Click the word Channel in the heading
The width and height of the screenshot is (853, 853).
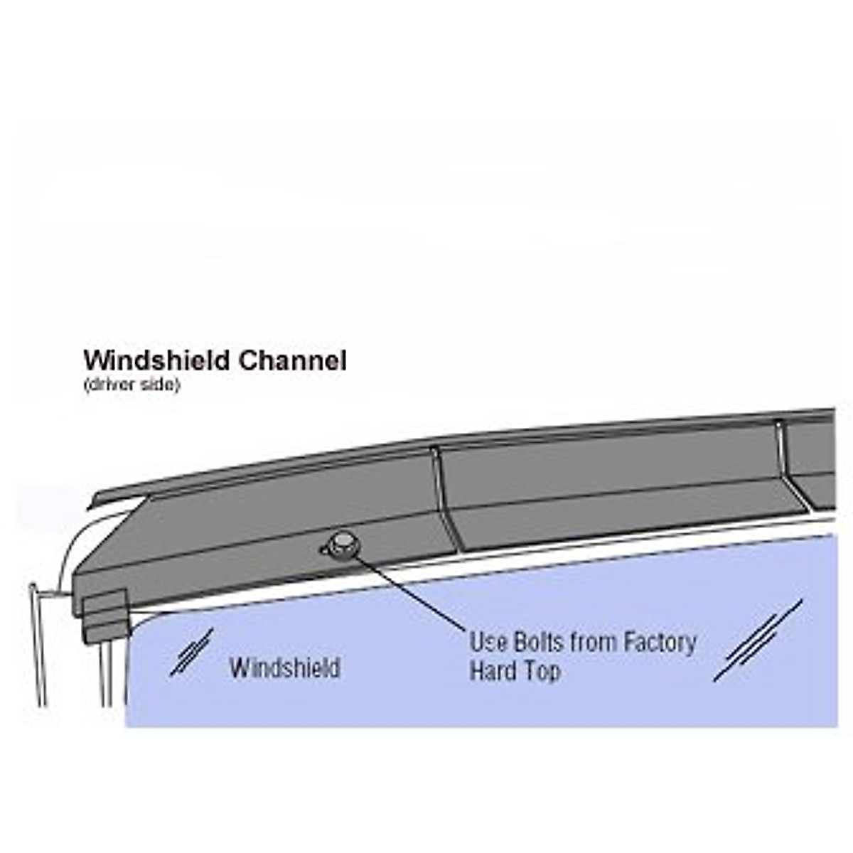(292, 360)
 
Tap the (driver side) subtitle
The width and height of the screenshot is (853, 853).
(132, 385)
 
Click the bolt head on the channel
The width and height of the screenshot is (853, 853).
(342, 544)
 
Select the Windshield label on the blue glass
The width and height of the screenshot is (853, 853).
(284, 668)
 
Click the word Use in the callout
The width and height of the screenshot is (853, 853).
(488, 642)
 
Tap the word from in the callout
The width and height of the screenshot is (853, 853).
(594, 642)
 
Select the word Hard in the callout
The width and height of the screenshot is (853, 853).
(490, 671)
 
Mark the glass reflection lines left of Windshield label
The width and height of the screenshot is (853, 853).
(191, 652)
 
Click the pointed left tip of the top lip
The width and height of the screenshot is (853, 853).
(92, 505)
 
